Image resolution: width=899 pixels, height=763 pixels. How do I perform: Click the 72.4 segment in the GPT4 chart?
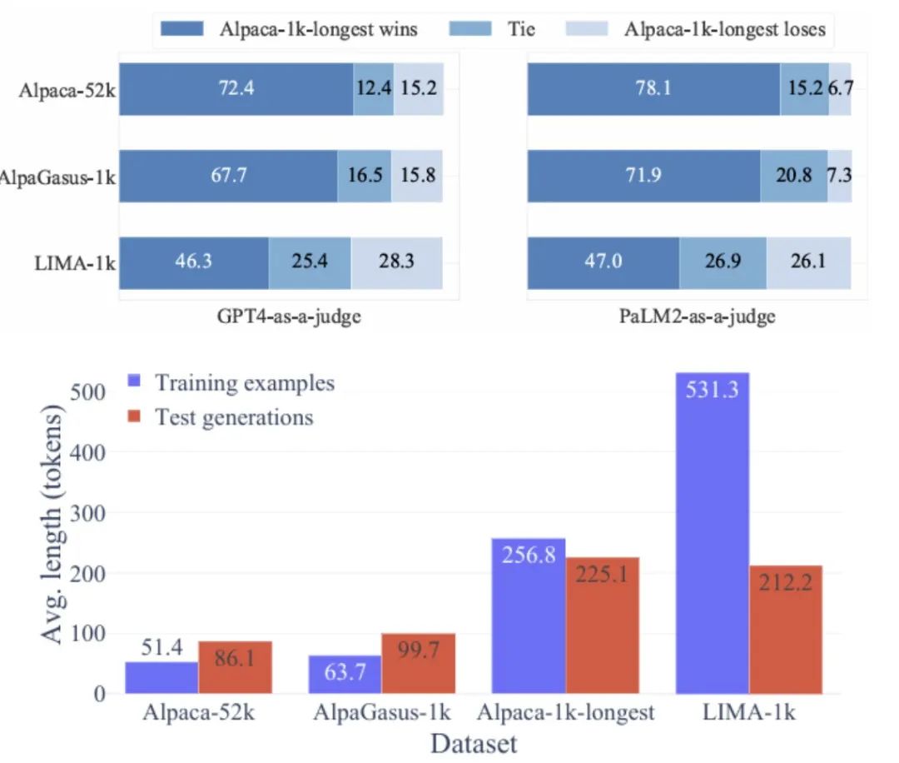tap(236, 87)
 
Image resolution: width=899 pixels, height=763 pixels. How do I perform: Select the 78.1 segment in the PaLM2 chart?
tap(653, 87)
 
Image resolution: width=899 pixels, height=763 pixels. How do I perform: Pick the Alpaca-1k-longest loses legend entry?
tap(699, 29)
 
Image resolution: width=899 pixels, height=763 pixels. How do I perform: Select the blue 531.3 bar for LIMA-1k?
tap(713, 533)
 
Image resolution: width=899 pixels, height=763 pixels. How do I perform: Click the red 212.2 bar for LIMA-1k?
tap(786, 630)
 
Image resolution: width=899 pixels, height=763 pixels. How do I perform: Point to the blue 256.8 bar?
tap(529, 616)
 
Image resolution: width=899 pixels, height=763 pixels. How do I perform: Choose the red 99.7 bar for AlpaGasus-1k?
tap(419, 663)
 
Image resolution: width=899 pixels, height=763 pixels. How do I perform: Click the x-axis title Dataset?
tap(473, 743)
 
